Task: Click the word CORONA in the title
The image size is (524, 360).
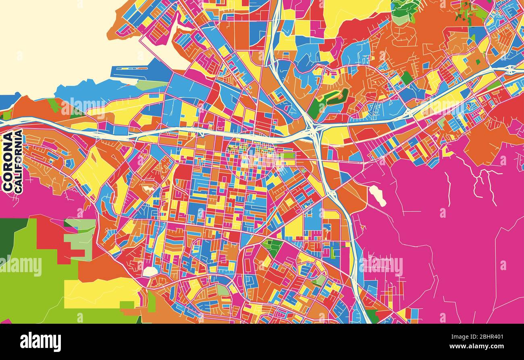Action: click(8, 162)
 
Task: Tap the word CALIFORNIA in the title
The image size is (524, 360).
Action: click(18, 161)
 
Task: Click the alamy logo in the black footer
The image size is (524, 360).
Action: click(40, 342)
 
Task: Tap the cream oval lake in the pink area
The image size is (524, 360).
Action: click(377, 195)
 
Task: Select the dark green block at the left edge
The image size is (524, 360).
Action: click(7, 238)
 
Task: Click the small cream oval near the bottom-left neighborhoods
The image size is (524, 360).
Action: click(150, 271)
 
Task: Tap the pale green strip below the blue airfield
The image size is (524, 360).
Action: click(151, 85)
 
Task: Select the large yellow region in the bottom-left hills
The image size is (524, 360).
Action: click(101, 292)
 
